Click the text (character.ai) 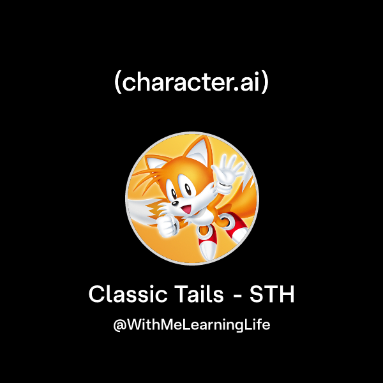tap(191, 84)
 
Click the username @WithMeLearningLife tap(191, 325)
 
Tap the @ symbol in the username tap(118, 325)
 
